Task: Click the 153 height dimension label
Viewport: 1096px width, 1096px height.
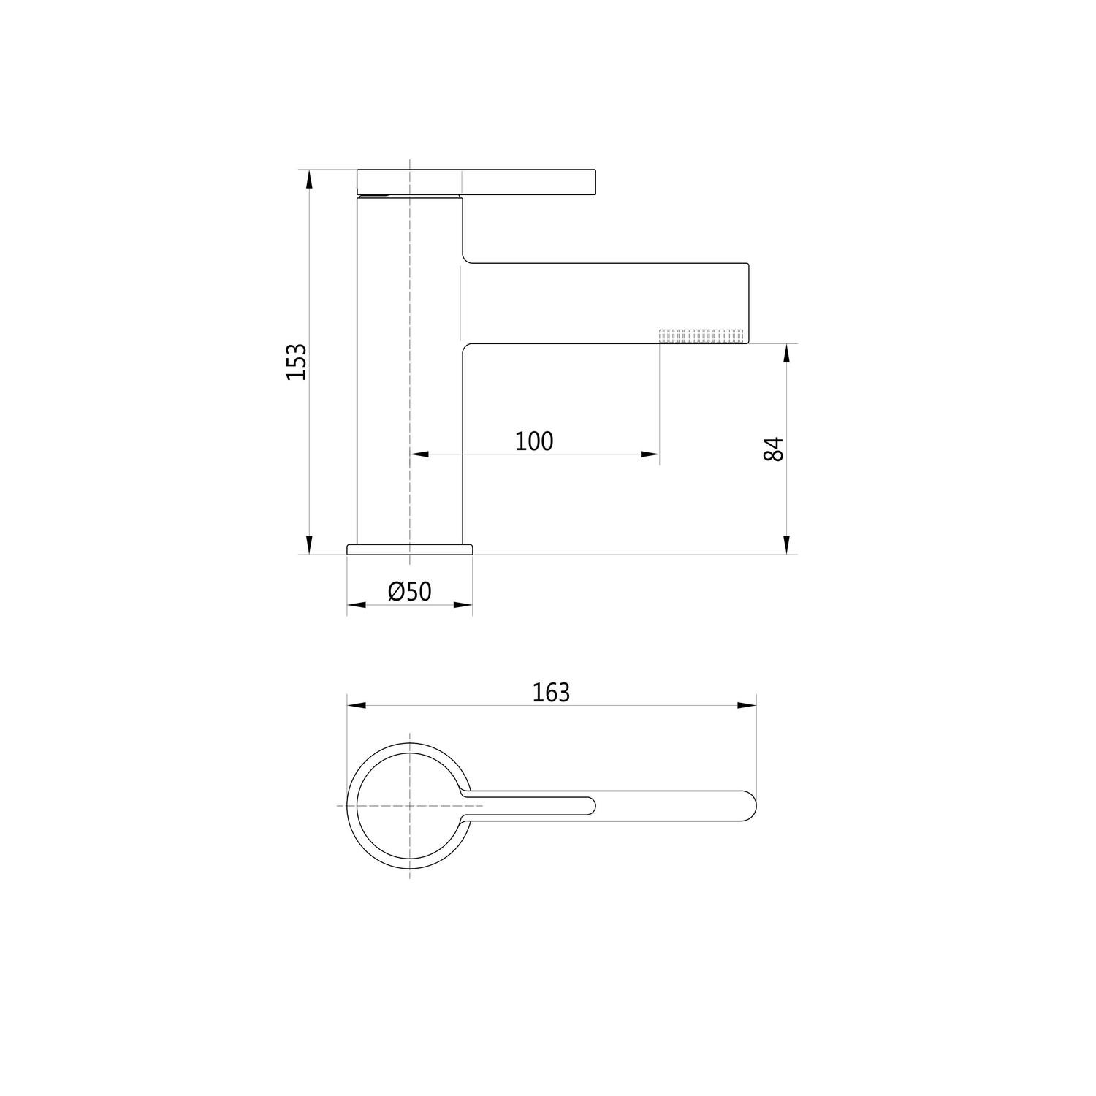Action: [x=296, y=362]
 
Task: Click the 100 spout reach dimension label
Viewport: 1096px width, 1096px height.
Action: [x=534, y=441]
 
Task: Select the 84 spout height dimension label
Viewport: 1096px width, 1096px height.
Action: [x=773, y=449]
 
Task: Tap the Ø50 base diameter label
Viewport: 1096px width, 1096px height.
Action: [x=410, y=591]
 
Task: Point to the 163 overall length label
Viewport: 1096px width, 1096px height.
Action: [x=551, y=692]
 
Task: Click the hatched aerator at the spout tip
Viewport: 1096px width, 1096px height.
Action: [x=701, y=335]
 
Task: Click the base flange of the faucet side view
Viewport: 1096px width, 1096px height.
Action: [x=410, y=549]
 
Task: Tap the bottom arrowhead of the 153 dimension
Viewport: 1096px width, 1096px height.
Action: [x=309, y=545]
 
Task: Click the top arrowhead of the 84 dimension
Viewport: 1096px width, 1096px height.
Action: [x=786, y=354]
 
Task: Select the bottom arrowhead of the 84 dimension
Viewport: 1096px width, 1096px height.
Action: [x=786, y=545]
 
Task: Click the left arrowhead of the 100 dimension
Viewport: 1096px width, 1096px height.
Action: [x=419, y=454]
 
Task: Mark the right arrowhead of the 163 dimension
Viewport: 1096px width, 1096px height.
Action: [x=747, y=705]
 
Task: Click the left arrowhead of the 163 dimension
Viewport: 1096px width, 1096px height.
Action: [x=357, y=705]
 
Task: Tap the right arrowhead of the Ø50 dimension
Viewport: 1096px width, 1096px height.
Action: [x=463, y=604]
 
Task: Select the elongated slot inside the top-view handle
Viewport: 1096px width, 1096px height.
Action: [x=530, y=805]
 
